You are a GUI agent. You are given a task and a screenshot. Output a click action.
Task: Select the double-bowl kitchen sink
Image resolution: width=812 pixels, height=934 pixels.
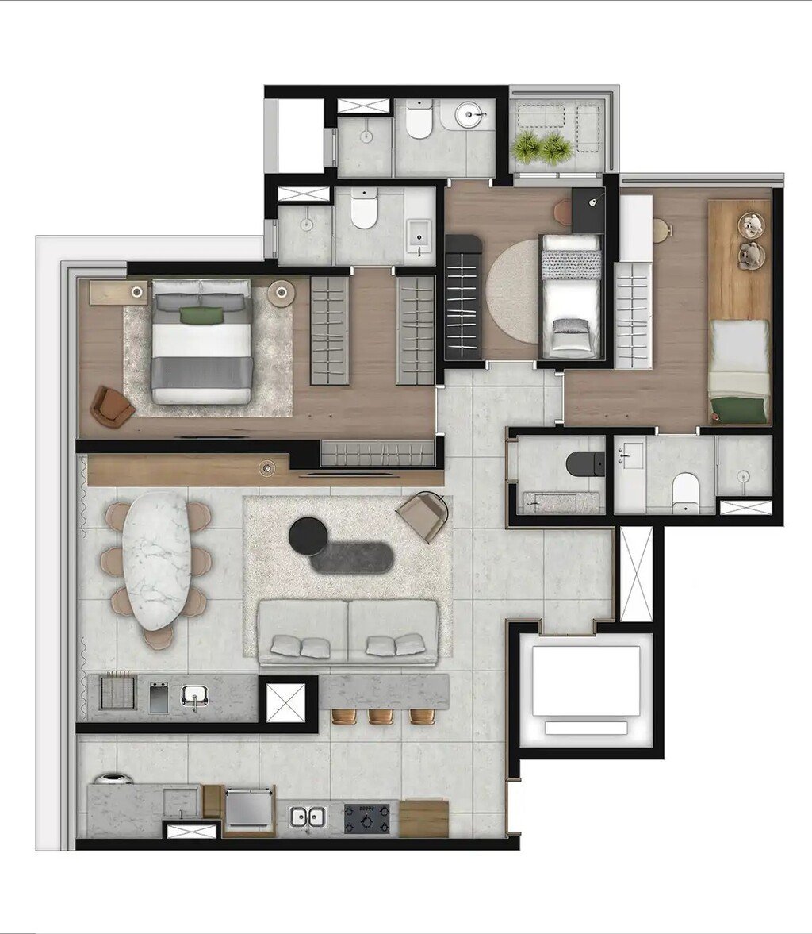(308, 816)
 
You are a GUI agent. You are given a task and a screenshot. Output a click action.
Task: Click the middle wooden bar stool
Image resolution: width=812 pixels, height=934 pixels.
(381, 716)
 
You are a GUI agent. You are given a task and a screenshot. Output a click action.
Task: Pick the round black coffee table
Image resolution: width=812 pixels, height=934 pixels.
(308, 535)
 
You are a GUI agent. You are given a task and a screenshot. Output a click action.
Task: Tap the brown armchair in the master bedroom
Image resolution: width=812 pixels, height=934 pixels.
(113, 406)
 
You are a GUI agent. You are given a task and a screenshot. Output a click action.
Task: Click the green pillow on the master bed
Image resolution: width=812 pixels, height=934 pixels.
(201, 315)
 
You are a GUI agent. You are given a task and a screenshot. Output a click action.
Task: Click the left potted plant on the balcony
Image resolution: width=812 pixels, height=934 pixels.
(527, 146)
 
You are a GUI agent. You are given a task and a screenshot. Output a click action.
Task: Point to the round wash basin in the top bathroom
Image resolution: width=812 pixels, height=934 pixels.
(469, 117)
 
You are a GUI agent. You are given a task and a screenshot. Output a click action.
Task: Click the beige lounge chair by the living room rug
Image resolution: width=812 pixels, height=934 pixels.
(425, 513)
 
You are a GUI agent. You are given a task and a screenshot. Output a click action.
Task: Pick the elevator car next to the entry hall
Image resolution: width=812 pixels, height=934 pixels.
(586, 681)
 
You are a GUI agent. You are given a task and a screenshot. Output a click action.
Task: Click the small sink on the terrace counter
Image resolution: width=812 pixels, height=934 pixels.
(193, 698)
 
